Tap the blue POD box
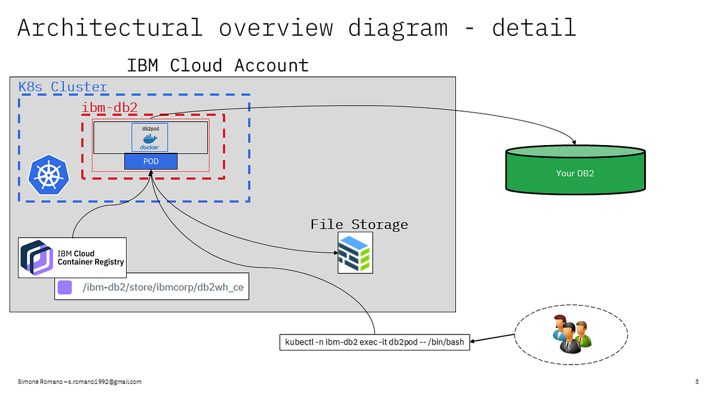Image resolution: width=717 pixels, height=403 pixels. point(151,161)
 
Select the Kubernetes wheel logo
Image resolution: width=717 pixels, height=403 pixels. point(49,175)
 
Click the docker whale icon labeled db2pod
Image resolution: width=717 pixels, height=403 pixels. point(149,138)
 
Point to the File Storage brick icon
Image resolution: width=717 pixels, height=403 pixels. point(355,253)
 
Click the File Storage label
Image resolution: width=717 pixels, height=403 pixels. point(359,224)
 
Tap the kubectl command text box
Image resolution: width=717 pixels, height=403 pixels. point(375,343)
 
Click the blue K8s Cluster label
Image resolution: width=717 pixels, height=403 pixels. point(63,87)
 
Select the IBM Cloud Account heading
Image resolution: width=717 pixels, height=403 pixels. point(217,65)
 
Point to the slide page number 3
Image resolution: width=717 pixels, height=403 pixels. point(697,382)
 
